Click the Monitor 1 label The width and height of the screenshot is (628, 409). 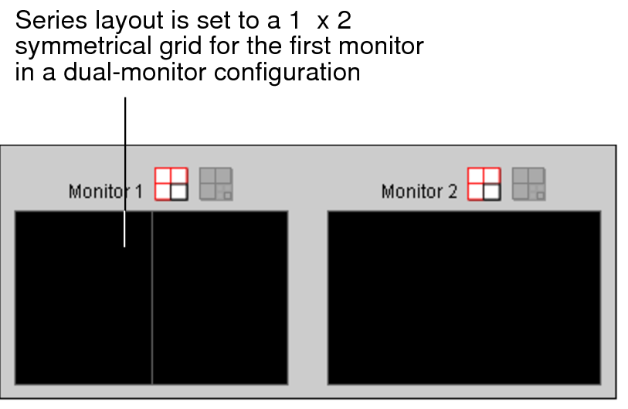click(x=105, y=191)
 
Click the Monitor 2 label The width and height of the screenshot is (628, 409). click(x=419, y=191)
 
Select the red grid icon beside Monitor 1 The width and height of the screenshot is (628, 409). click(x=171, y=184)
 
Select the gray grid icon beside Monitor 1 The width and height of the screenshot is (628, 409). click(x=216, y=184)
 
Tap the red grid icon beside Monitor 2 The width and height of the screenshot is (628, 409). click(x=484, y=184)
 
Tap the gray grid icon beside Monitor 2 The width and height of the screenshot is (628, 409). click(x=529, y=184)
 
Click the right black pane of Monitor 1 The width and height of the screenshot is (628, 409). click(x=220, y=298)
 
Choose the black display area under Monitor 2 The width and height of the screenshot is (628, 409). click(x=464, y=298)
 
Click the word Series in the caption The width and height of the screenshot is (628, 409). click(x=46, y=20)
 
